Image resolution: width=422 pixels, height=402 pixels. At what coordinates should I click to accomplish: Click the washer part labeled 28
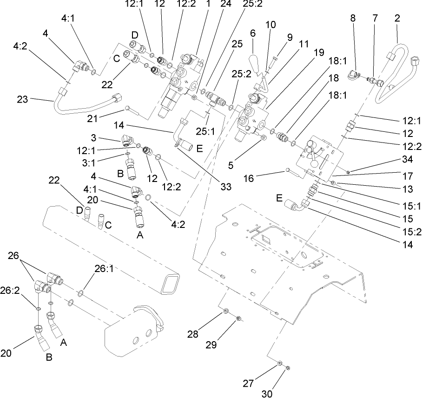point(226,311)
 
